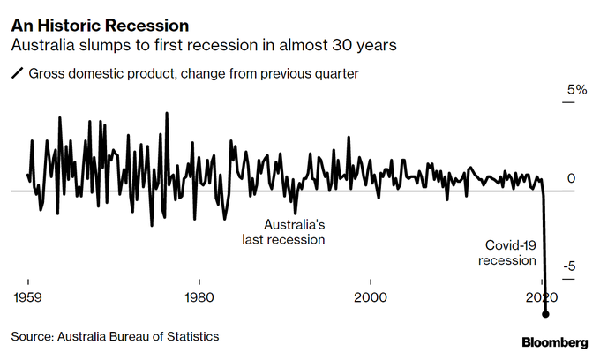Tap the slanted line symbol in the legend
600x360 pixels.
(x=17, y=74)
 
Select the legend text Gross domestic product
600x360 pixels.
(x=96, y=74)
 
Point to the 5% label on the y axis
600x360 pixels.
(x=576, y=90)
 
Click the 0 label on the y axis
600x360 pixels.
(x=572, y=179)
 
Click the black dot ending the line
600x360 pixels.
(x=546, y=314)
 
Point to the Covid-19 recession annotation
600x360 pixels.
(x=508, y=252)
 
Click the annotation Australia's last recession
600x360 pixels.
(x=284, y=232)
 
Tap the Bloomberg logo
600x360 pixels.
(x=555, y=341)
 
